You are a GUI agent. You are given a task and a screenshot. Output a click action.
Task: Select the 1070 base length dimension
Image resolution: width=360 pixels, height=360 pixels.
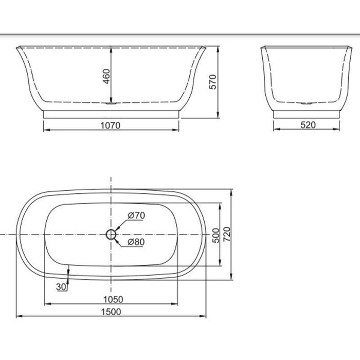pyautogui.click(x=111, y=125)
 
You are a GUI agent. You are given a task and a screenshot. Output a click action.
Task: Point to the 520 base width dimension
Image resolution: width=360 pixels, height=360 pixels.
pyautogui.click(x=307, y=124)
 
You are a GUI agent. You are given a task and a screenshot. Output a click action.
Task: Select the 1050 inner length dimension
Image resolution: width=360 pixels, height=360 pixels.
pyautogui.click(x=111, y=298)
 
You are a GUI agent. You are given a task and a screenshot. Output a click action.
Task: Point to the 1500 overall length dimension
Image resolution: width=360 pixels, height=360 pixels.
pyautogui.click(x=111, y=311)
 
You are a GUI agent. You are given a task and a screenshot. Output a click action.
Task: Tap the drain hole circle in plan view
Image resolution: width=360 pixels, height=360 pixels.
pyautogui.click(x=111, y=235)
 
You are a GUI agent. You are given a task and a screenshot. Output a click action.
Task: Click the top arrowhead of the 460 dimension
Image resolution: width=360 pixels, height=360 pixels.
pyautogui.click(x=111, y=48)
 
